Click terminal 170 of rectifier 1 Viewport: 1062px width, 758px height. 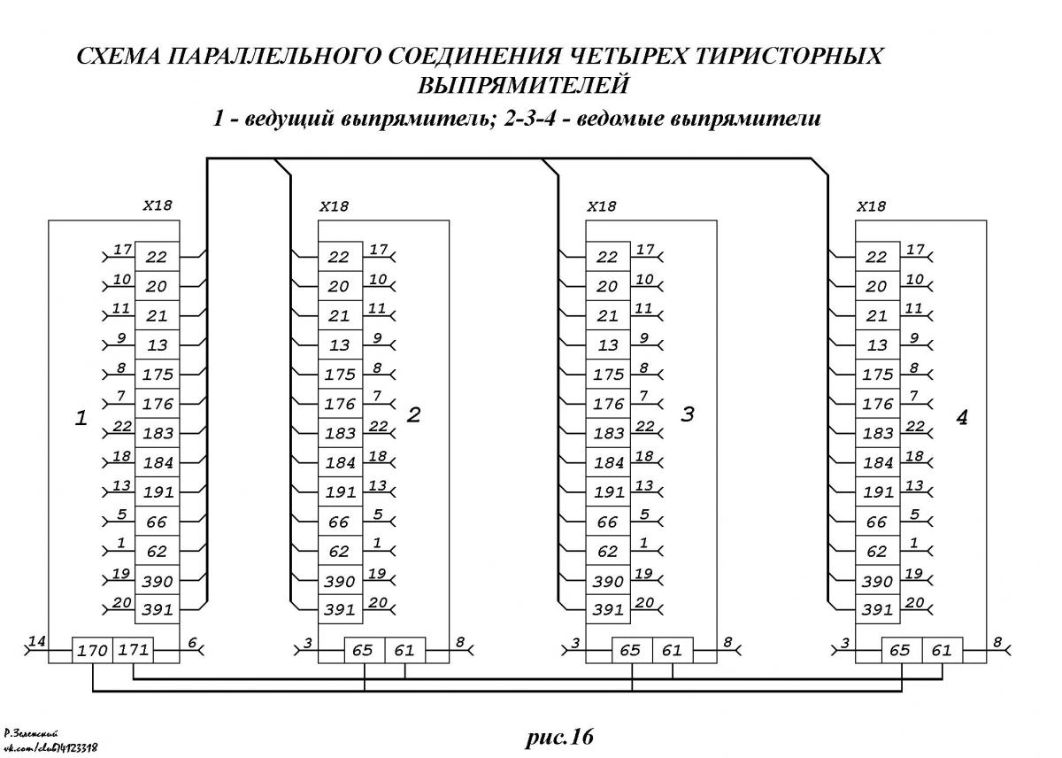pos(92,650)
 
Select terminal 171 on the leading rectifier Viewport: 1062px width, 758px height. pos(134,650)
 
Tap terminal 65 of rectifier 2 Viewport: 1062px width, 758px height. pos(364,650)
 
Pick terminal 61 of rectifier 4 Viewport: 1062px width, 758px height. pos(943,650)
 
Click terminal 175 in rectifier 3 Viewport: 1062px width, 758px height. pos(608,375)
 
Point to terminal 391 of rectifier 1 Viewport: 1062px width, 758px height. pos(158,609)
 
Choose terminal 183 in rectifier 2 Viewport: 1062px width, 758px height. pos(340,433)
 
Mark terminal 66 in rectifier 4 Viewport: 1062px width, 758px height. pos(878,522)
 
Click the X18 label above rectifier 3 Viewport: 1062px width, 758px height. pos(602,206)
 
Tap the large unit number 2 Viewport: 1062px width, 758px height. pos(414,415)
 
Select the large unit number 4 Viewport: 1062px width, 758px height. pos(961,417)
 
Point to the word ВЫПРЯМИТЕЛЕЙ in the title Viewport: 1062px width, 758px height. pos(523,85)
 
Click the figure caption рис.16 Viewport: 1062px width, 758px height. pos(559,737)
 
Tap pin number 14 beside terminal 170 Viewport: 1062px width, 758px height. pos(37,641)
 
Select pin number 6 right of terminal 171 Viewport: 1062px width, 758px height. pos(192,643)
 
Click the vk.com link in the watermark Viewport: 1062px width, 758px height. pos(50,748)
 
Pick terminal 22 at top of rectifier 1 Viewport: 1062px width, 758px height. pos(158,257)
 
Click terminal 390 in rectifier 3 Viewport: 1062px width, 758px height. pos(608,580)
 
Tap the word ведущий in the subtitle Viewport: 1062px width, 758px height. pos(289,118)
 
